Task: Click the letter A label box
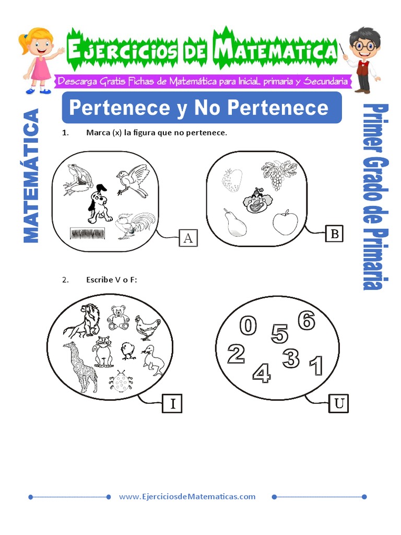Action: (x=188, y=238)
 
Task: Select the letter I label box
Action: (x=172, y=404)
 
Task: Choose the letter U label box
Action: (x=338, y=403)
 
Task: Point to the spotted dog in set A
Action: (x=99, y=205)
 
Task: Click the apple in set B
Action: (x=285, y=223)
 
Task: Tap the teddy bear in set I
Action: (x=118, y=318)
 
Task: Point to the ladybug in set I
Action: (x=121, y=382)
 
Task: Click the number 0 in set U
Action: (x=248, y=326)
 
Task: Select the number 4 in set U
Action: (x=261, y=373)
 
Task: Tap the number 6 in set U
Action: (x=306, y=320)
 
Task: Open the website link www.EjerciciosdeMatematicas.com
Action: (x=187, y=496)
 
